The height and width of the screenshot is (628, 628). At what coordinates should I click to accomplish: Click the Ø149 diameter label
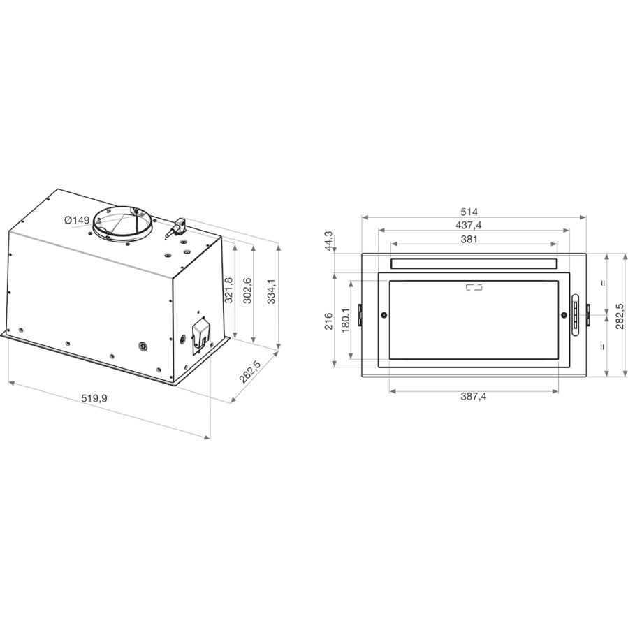tap(76, 221)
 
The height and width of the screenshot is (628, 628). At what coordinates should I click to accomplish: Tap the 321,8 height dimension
tap(228, 290)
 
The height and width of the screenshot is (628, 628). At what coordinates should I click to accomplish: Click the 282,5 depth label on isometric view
tap(249, 371)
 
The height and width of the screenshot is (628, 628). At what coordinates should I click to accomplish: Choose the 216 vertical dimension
tap(328, 321)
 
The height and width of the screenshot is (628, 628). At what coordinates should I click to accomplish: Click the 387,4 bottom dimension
tap(472, 396)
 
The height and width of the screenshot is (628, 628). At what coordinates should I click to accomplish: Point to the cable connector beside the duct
tap(178, 226)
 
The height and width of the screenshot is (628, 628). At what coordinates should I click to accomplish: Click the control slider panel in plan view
tap(574, 315)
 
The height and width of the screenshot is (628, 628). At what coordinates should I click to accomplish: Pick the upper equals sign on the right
tap(602, 284)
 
